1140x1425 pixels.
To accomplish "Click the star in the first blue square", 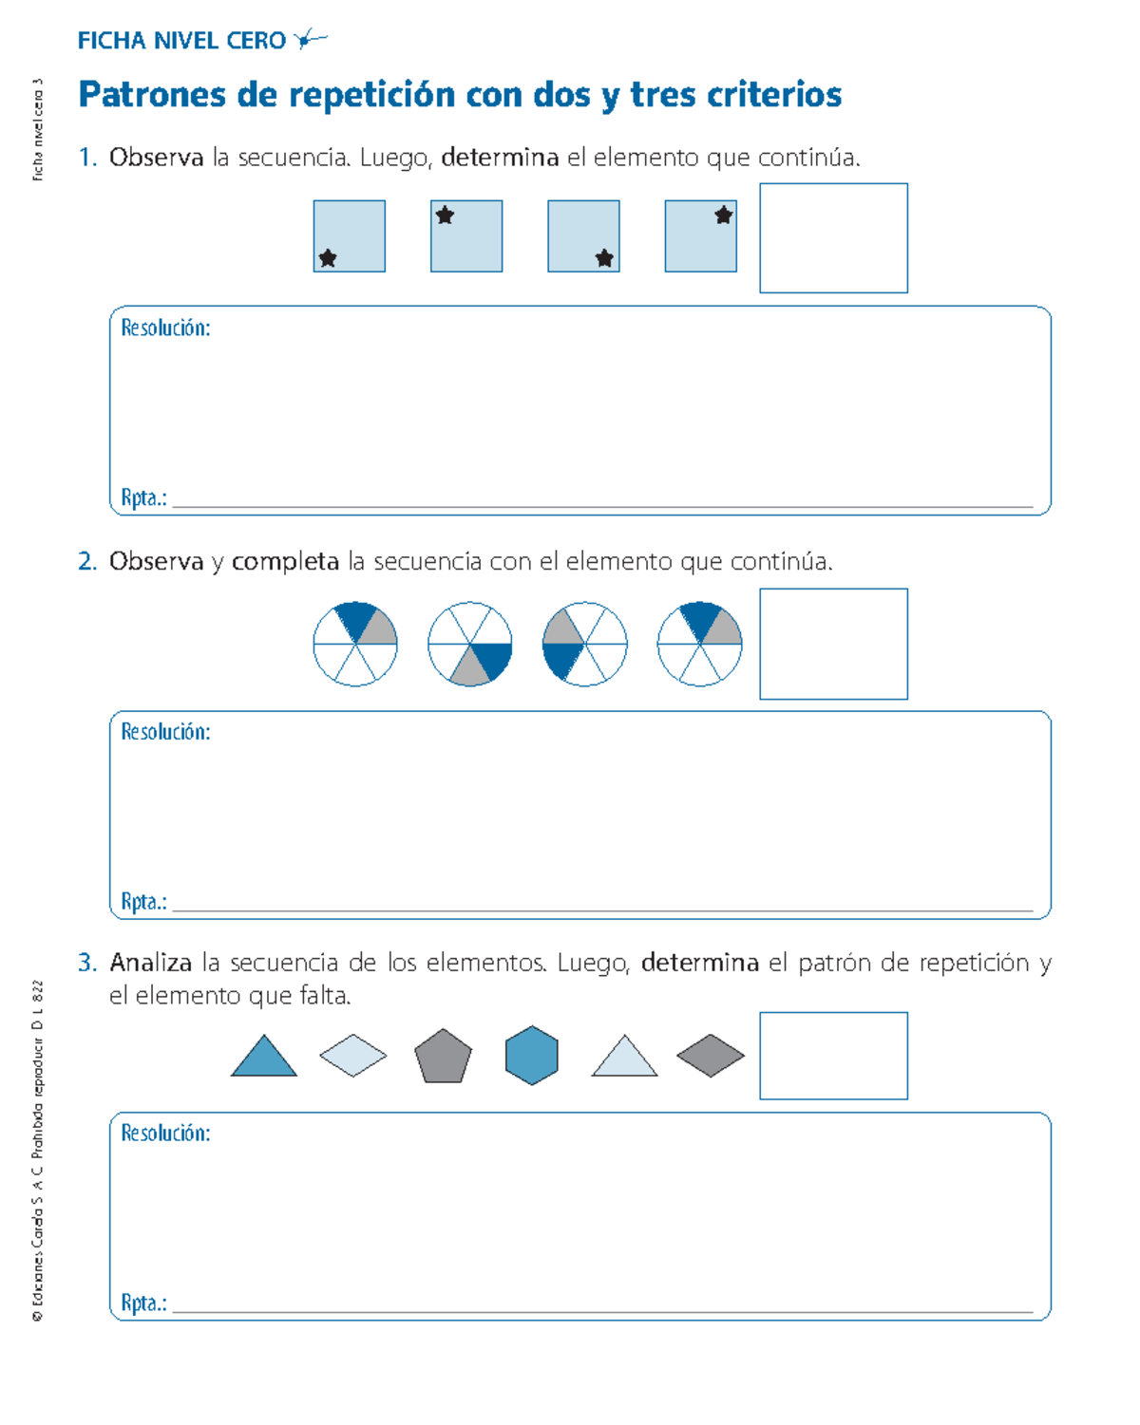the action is point(328,258).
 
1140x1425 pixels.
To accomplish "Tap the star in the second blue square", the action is point(445,216).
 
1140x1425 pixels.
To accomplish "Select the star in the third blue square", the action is point(604,258).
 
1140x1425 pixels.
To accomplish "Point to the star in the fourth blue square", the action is point(724,216).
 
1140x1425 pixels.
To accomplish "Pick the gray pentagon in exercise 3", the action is point(443,1057).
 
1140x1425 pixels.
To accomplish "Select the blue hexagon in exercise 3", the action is point(532,1056).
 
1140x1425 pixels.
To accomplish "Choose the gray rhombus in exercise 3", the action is point(711,1056).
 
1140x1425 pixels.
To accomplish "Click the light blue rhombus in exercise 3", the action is point(353,1056).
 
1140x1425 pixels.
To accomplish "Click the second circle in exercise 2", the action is point(470,644).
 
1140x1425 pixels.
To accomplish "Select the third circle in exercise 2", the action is point(585,644).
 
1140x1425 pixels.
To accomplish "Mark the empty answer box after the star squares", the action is point(833,238).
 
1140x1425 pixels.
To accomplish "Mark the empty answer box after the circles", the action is point(833,644).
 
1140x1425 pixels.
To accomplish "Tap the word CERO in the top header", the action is point(256,41).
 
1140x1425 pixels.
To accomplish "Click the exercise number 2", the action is point(87,562).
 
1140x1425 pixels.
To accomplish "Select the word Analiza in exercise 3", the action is point(151,964).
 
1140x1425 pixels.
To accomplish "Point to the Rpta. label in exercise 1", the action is point(143,498).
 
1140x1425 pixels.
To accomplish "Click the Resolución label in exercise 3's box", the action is point(165,1134).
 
